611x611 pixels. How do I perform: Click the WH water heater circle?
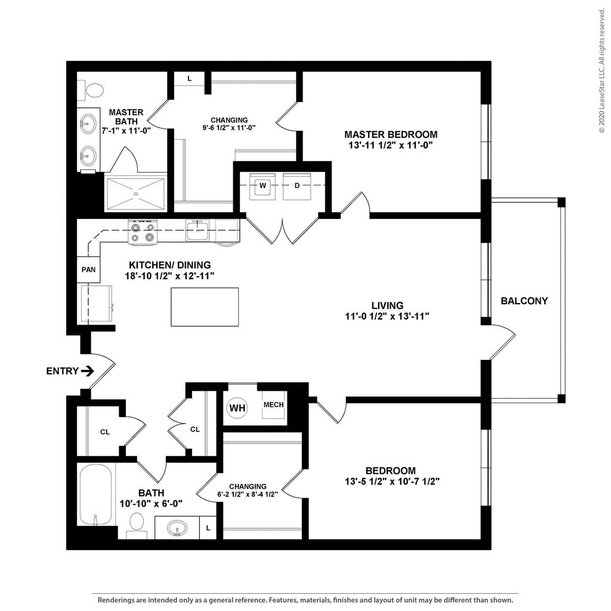pos(237,408)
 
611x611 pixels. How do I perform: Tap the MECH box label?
pos(273,405)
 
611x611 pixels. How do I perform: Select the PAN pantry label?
pos(88,270)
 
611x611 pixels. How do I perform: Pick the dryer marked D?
pos(297,186)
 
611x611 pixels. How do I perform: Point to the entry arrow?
pos(87,371)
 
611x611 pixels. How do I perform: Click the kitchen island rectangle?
pos(205,307)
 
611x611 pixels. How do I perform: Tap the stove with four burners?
pos(142,232)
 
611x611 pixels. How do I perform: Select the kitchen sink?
pos(196,230)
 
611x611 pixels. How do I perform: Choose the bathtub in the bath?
pos(95,495)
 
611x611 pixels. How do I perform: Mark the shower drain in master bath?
pos(135,193)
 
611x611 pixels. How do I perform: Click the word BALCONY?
pos(524,301)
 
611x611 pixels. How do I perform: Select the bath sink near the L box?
pos(177,528)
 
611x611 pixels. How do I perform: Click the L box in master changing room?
pos(190,79)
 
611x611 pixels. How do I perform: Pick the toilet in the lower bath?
pos(137,524)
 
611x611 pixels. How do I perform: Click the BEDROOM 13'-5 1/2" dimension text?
pos(392,481)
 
